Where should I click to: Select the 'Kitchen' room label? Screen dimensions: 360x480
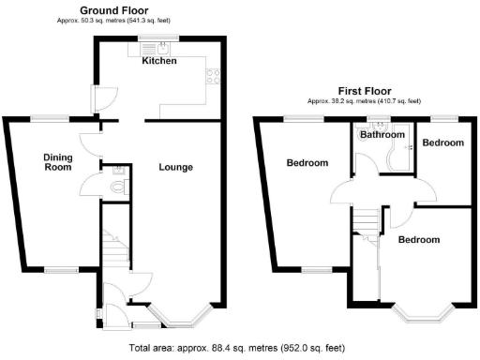pyautogui.click(x=159, y=61)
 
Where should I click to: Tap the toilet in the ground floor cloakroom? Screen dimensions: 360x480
pyautogui.click(x=117, y=187)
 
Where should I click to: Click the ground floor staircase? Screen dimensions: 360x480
pyautogui.click(x=112, y=247)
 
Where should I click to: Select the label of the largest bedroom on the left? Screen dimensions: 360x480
pyautogui.click(x=307, y=163)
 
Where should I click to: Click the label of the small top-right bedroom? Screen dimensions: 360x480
pyautogui.click(x=442, y=142)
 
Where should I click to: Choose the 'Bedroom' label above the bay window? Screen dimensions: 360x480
pyautogui.click(x=418, y=240)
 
